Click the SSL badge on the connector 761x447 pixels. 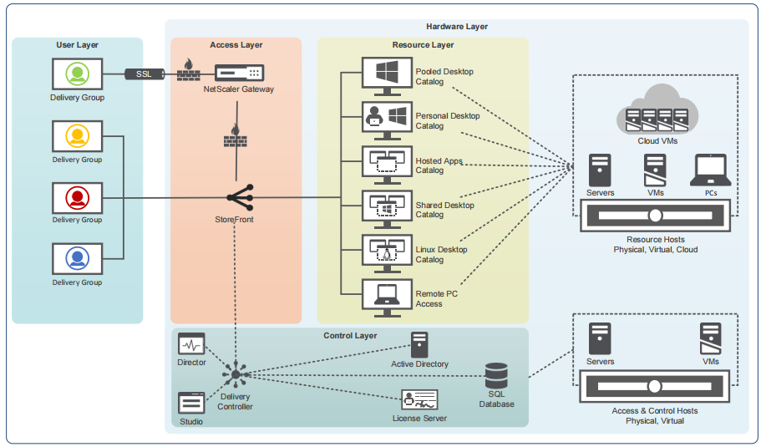click(x=145, y=74)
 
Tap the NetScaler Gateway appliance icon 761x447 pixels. click(x=239, y=74)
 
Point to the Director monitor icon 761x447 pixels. click(x=191, y=343)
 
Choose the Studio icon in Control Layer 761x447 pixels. click(x=191, y=403)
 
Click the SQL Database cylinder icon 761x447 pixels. click(x=496, y=376)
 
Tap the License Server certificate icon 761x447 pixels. click(x=419, y=399)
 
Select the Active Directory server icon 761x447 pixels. click(x=419, y=344)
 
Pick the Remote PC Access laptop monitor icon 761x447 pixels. click(x=385, y=296)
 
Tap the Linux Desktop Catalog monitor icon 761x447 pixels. click(x=385, y=251)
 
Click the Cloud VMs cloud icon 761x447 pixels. click(x=657, y=111)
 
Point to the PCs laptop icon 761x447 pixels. click(x=711, y=170)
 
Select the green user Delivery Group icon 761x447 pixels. click(x=78, y=74)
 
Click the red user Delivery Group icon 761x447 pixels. click(x=78, y=197)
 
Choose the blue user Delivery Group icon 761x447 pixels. click(x=78, y=258)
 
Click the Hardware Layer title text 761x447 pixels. click(x=457, y=27)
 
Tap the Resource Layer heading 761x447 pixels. click(x=423, y=44)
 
